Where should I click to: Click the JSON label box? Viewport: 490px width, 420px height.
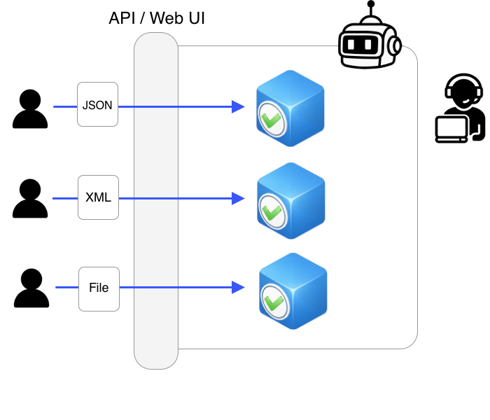click(97, 104)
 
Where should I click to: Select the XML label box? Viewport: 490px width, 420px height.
click(98, 197)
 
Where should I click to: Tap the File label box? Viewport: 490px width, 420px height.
click(99, 288)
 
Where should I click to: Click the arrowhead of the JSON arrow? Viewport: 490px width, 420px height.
click(239, 107)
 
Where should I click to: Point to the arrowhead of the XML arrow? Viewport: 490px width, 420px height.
click(239, 198)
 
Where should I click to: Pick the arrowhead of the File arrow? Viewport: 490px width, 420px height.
click(239, 287)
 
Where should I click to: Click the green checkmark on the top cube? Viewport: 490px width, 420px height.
click(270, 118)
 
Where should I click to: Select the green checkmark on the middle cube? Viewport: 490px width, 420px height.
click(271, 210)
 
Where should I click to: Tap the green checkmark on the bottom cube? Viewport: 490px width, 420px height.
click(274, 301)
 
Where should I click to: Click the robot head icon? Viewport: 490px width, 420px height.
click(368, 43)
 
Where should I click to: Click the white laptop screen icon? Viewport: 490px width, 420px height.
click(451, 129)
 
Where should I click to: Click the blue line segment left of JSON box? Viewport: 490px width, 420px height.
click(65, 107)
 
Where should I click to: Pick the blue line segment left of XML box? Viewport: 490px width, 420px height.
click(65, 198)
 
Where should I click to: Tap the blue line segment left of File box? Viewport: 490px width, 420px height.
click(67, 287)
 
